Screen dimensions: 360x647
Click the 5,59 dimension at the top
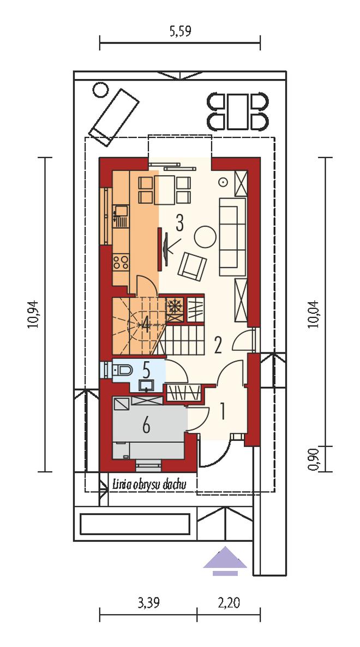(180, 31)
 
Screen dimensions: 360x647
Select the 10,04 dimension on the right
(315, 314)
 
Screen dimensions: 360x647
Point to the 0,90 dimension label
(315, 459)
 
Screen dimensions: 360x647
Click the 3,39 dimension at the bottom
(148, 603)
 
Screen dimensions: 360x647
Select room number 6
(146, 427)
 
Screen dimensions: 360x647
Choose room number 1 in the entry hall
(222, 411)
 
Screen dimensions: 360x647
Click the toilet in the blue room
(120, 370)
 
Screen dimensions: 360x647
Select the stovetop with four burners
(121, 262)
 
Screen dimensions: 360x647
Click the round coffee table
(205, 236)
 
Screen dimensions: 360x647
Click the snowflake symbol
(175, 306)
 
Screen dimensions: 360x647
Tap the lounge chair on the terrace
(114, 117)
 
